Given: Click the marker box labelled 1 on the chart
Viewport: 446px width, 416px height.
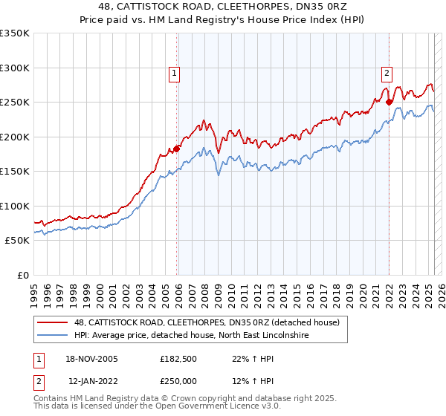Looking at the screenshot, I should point(173,73).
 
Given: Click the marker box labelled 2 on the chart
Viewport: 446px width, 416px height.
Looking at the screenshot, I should point(387,73).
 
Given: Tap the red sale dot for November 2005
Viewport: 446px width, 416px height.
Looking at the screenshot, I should point(177,149).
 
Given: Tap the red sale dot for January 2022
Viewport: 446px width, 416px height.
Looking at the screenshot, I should point(390,102).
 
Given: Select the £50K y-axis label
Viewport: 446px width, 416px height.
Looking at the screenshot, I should point(17,241).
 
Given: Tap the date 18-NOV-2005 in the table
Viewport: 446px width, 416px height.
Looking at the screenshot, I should point(92,359).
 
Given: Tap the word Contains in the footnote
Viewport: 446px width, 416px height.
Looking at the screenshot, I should point(52,400).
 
